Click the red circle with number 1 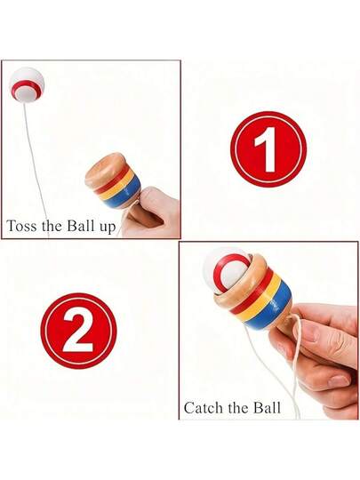point(268,149)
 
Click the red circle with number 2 point(79,331)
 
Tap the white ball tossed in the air point(27,84)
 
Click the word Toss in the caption point(21,227)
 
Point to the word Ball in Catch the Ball point(267,408)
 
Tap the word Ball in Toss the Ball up point(81,226)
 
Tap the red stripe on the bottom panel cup point(252,290)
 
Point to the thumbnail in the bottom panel point(310,332)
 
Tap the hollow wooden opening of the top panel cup point(105,168)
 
